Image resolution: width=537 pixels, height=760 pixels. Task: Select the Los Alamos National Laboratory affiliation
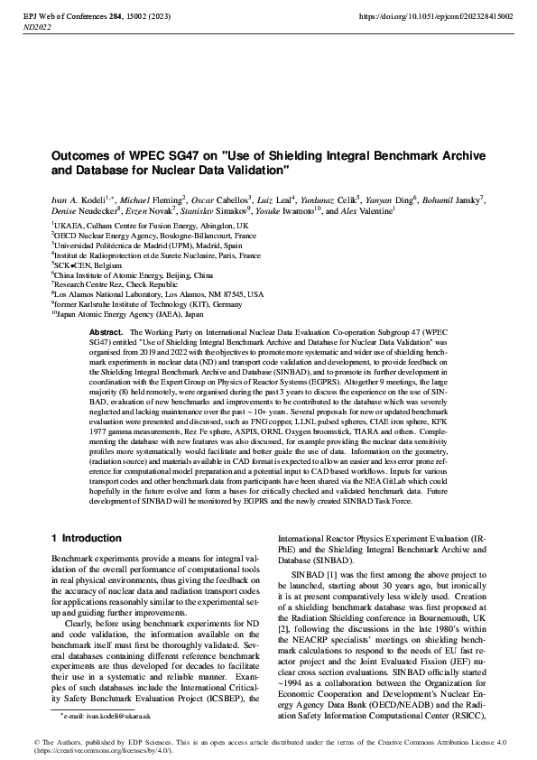pos(159,293)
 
